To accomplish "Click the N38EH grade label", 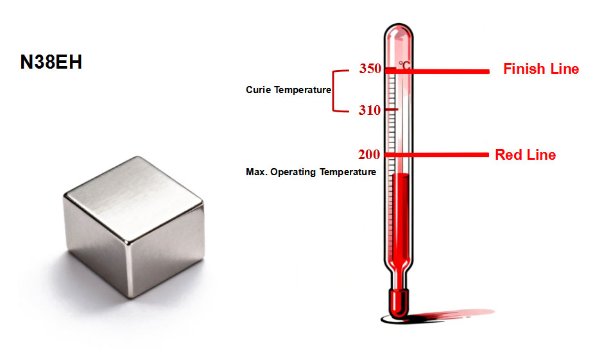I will click(51, 63).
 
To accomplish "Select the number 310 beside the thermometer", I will click(370, 110).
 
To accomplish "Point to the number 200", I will click(370, 155).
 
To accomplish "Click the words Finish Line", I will click(540, 69).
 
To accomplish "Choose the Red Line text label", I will click(525, 155).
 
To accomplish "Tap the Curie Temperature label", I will click(288, 90).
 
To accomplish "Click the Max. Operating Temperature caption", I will click(311, 172).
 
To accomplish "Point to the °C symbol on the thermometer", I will click(404, 64).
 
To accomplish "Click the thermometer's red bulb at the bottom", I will click(399, 302).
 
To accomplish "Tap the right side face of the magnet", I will click(166, 247).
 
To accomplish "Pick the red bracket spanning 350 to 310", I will click(334, 90).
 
